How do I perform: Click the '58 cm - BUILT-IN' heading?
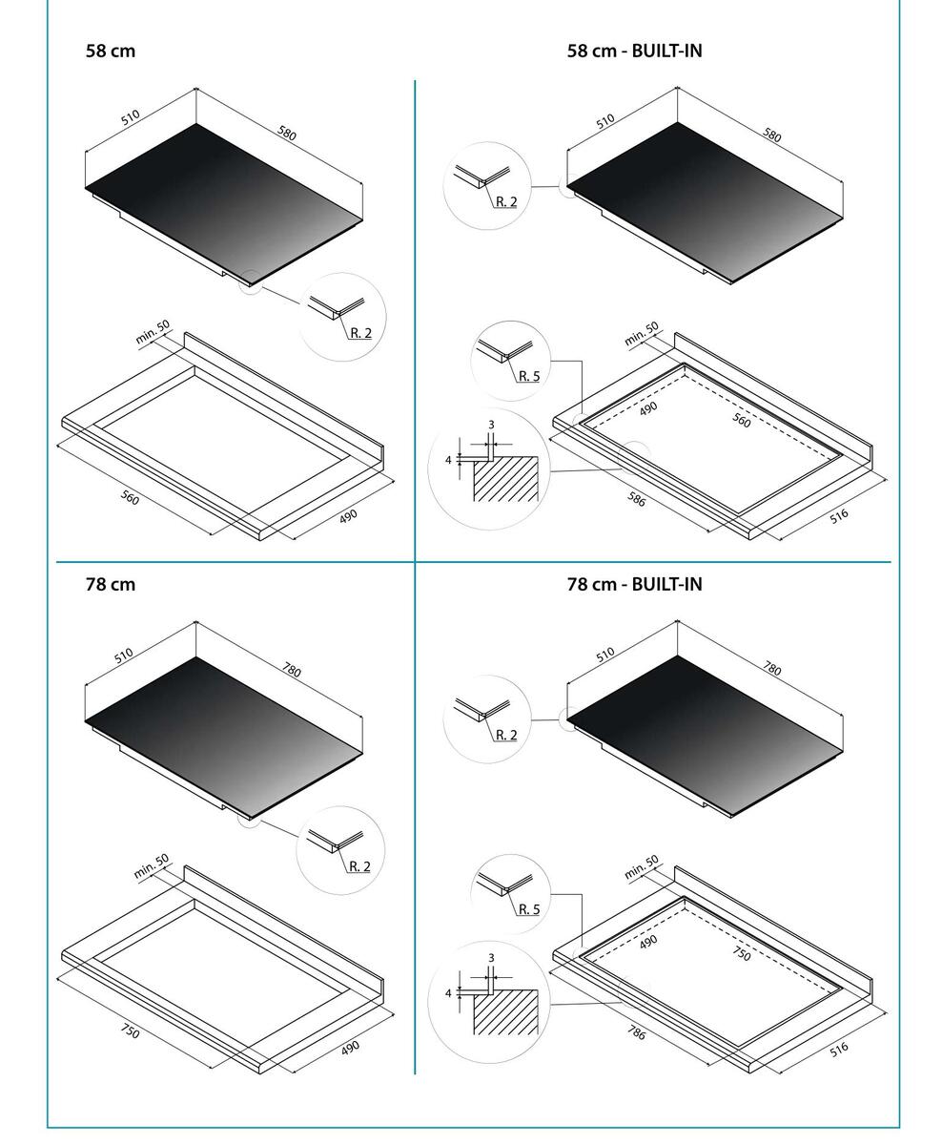click(634, 51)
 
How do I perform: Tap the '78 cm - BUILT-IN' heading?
click(634, 584)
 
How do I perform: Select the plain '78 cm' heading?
click(111, 584)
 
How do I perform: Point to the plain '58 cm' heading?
click(111, 51)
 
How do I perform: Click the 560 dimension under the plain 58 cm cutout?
click(131, 496)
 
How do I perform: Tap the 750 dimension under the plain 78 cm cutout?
click(131, 1030)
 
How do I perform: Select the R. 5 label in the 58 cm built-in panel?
click(529, 376)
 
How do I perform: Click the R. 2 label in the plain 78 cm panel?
click(359, 866)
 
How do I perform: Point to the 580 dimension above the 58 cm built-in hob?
click(772, 136)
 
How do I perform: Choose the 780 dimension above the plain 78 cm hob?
click(291, 670)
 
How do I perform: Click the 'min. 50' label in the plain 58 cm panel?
click(153, 332)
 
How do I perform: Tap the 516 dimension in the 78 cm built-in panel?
click(839, 1049)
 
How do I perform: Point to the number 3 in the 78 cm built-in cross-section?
click(491, 957)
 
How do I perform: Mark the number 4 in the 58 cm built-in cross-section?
click(448, 459)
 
